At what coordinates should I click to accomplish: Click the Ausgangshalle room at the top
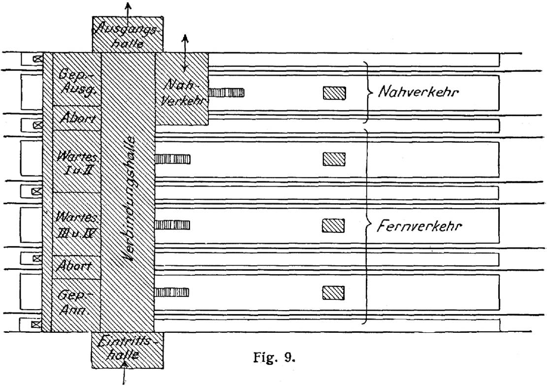point(128,34)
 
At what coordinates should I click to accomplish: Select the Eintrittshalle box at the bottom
point(128,350)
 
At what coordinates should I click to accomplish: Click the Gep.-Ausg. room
point(77,80)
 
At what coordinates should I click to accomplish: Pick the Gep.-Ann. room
point(76,305)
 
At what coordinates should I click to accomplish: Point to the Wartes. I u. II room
point(77,161)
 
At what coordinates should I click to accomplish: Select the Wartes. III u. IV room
point(76,224)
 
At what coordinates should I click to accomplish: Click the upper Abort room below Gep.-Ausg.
point(77,118)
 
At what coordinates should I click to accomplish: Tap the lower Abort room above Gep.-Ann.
point(76,267)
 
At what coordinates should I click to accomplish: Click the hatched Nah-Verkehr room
point(182,89)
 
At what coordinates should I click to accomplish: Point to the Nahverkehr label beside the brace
point(418,92)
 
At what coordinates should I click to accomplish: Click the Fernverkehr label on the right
point(419,226)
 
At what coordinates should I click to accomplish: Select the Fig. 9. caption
point(274,357)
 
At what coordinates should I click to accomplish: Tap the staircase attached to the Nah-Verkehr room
point(226,93)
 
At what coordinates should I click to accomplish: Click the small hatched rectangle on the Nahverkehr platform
point(334,93)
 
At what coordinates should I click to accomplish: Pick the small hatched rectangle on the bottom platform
point(333,292)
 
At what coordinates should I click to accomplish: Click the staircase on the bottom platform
point(172,292)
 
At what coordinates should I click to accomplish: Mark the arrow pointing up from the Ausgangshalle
point(128,9)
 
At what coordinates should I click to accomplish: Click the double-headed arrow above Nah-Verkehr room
point(185,52)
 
